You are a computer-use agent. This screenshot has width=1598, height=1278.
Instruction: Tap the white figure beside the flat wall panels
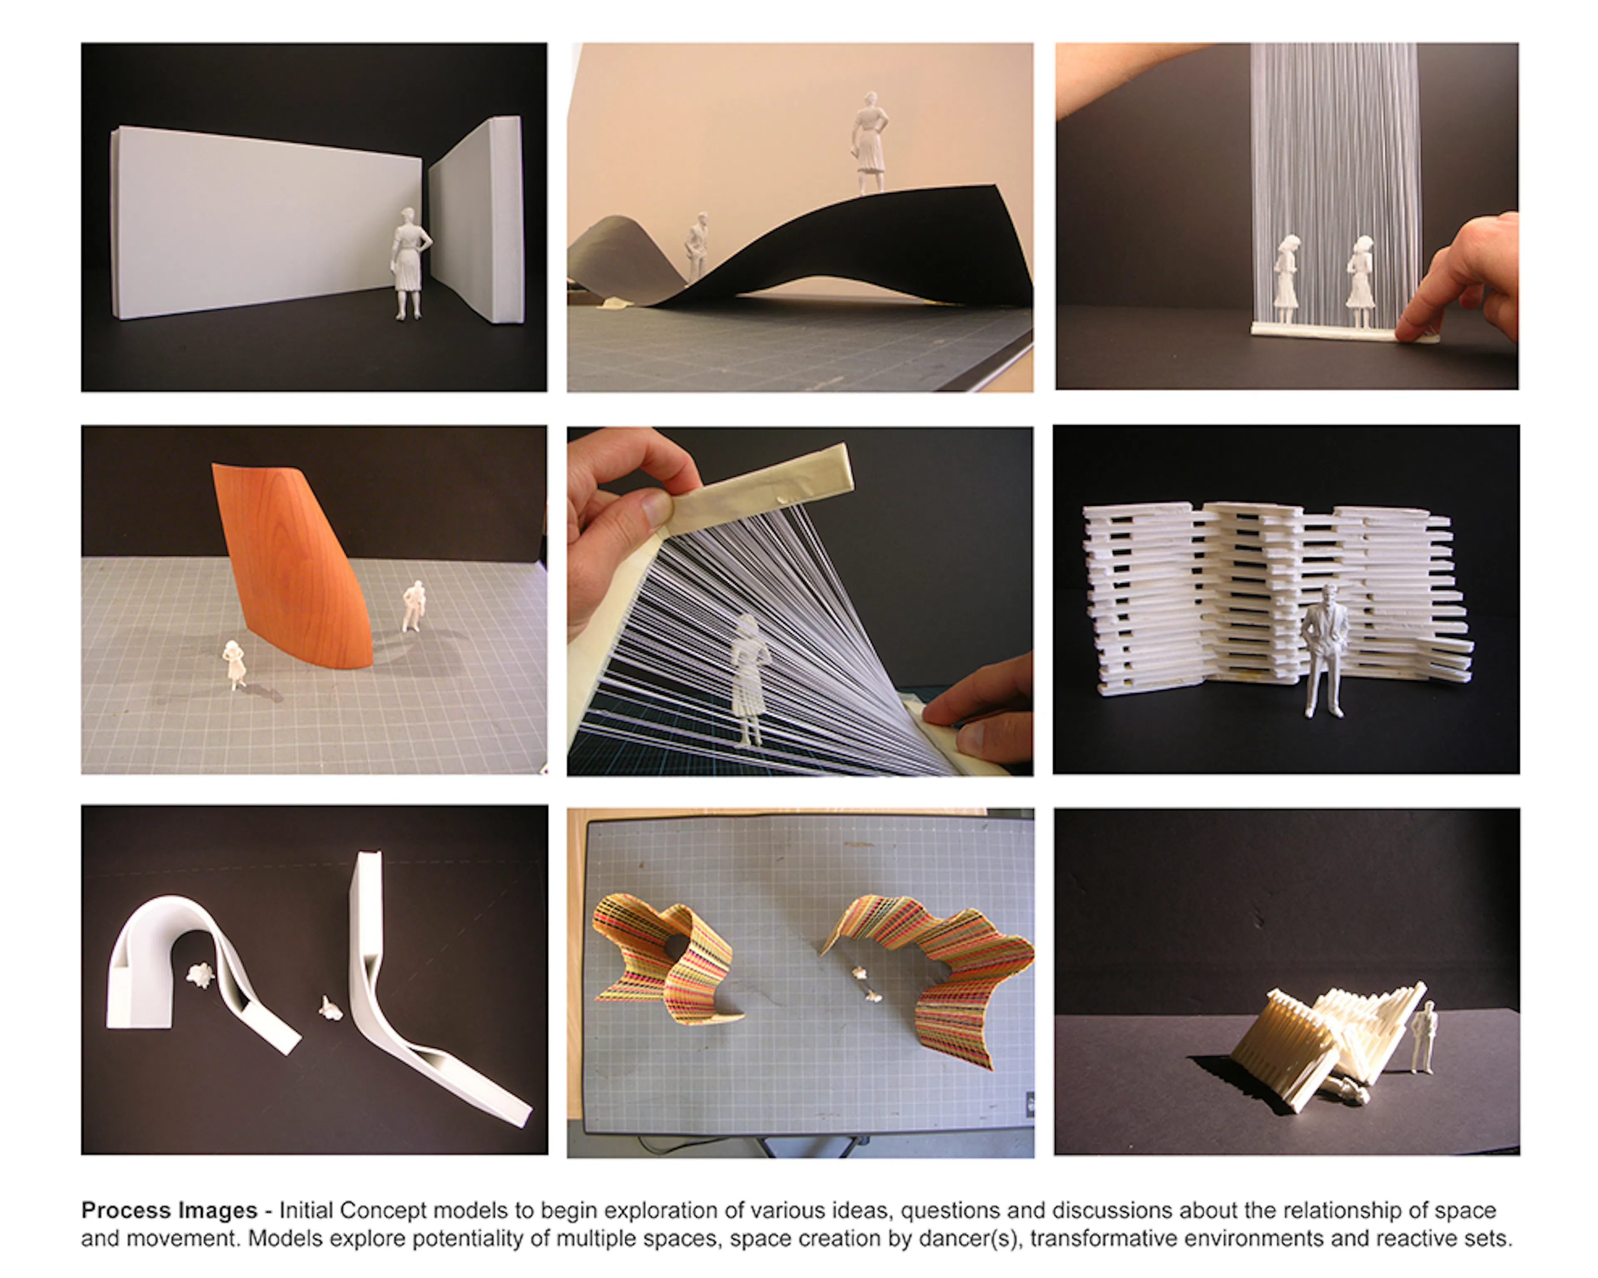(409, 263)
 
